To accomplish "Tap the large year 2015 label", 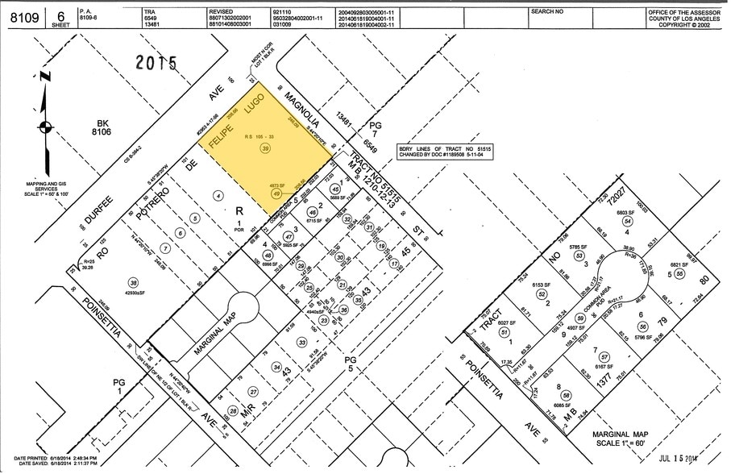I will pos(158,64).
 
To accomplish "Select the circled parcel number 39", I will pos(265,149).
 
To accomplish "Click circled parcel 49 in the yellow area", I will pos(276,193).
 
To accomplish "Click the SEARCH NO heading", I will pos(546,13).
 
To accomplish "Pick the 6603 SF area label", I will pos(626,211).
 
